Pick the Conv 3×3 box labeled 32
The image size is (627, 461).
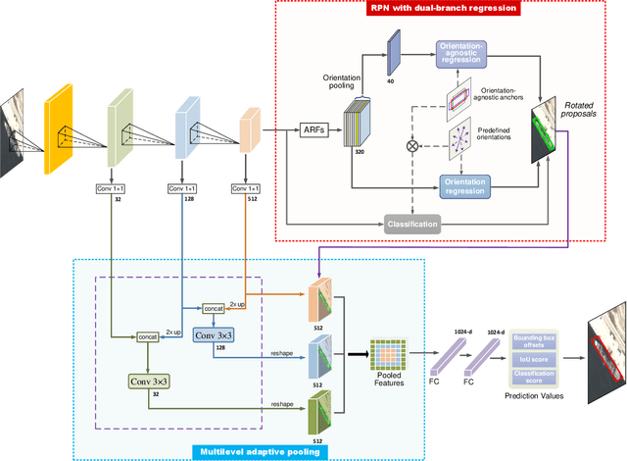[x=149, y=381]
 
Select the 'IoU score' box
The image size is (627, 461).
[x=535, y=360]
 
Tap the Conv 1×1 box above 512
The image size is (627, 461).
[x=245, y=188]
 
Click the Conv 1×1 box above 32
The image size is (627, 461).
[x=118, y=188]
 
